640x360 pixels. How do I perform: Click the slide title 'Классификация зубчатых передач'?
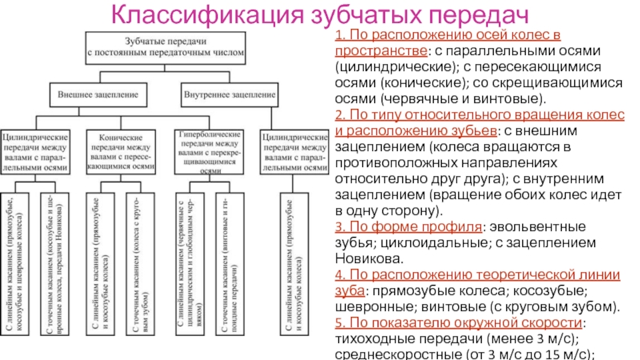tap(320, 15)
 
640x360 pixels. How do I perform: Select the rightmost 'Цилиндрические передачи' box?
tap(295, 152)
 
